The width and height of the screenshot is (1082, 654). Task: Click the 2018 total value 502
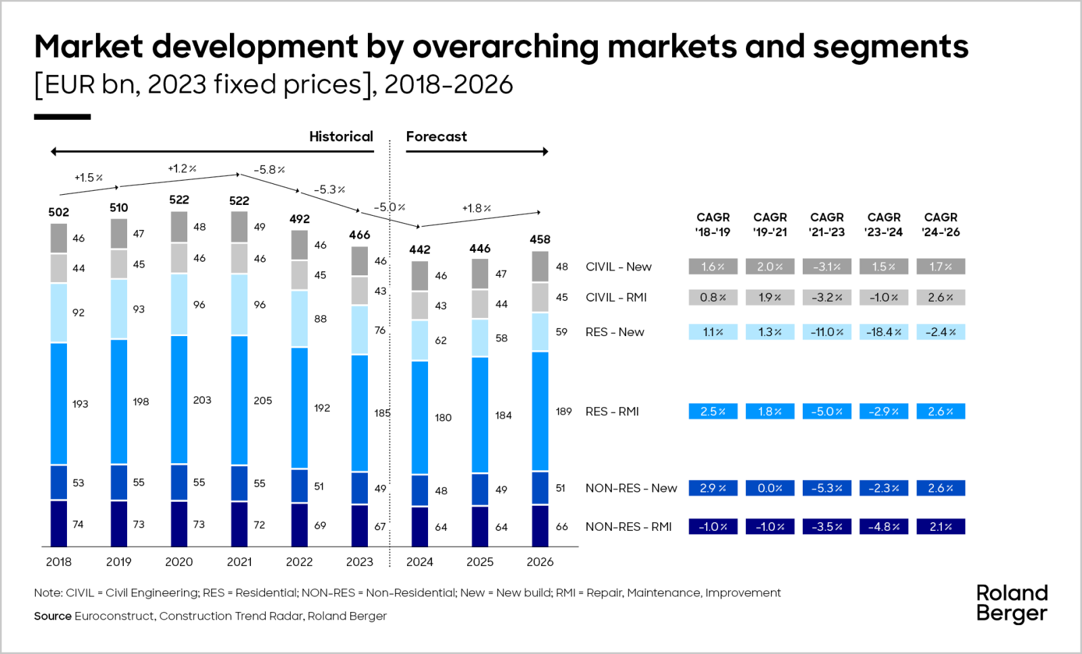click(x=59, y=212)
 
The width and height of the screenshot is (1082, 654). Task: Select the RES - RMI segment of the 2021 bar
click(x=239, y=400)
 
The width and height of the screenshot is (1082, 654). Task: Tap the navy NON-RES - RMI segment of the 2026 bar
click(x=540, y=525)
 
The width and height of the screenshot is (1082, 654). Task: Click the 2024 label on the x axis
click(x=419, y=562)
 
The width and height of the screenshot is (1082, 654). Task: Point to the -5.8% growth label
click(x=269, y=170)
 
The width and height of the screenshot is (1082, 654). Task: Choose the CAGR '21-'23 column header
click(x=827, y=225)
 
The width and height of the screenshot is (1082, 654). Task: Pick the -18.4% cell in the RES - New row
click(x=884, y=332)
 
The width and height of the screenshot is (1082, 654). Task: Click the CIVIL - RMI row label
click(x=616, y=298)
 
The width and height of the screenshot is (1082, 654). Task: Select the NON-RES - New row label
click(x=631, y=488)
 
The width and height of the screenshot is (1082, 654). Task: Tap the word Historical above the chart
click(x=341, y=137)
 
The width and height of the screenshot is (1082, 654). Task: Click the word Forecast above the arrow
click(x=436, y=137)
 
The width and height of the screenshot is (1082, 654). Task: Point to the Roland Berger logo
click(x=1012, y=603)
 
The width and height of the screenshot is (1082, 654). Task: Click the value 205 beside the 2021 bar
click(x=263, y=401)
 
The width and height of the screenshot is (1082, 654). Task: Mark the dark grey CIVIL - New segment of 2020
click(x=179, y=227)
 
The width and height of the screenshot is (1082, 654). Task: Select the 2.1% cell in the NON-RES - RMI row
click(x=941, y=527)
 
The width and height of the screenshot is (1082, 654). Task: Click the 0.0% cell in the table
click(x=770, y=488)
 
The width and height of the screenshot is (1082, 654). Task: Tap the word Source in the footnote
click(x=53, y=616)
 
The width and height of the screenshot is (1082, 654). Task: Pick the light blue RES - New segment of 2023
click(x=360, y=330)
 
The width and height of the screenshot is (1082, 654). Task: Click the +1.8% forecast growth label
click(x=476, y=208)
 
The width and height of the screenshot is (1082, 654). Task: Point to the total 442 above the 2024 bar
click(x=419, y=250)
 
